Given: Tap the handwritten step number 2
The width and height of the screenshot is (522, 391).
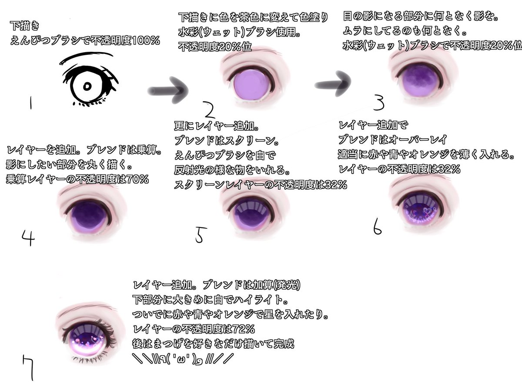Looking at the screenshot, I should click(210, 110).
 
